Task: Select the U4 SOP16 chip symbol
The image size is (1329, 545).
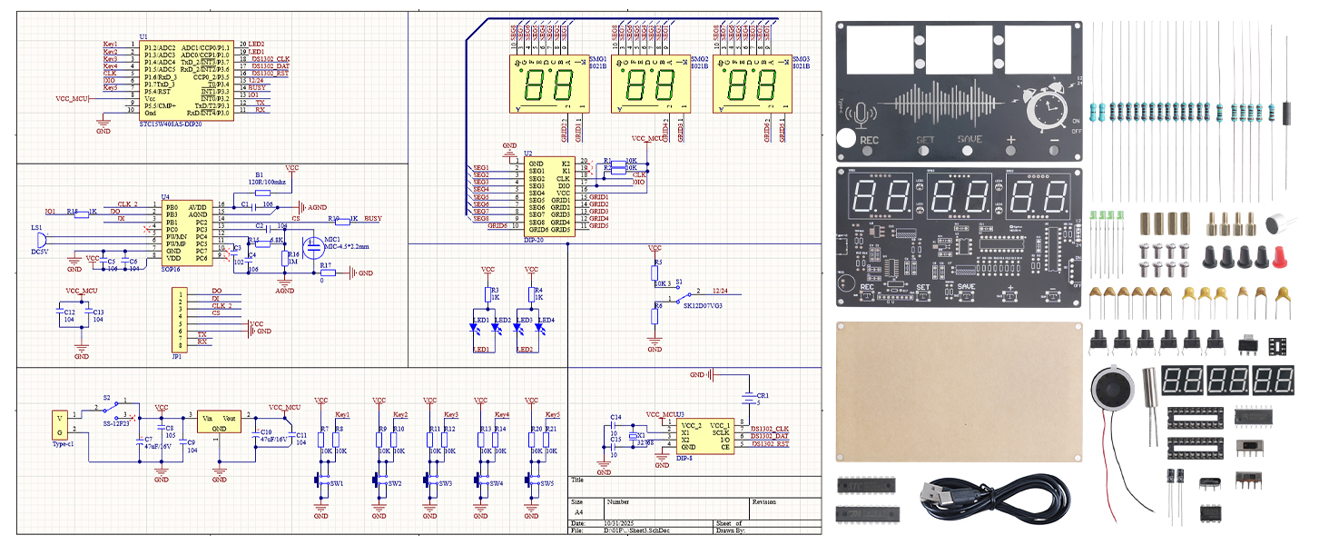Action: pos(190,233)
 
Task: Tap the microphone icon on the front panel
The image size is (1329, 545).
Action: pos(858,114)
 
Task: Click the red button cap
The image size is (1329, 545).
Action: pos(1282,257)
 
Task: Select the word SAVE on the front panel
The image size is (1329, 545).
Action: pos(970,141)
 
